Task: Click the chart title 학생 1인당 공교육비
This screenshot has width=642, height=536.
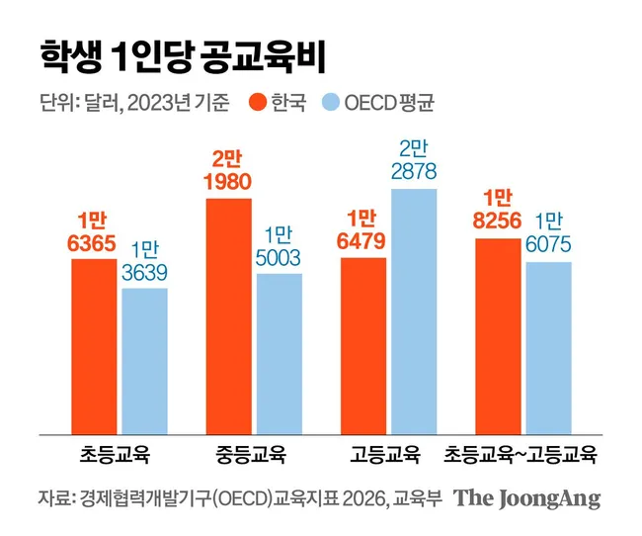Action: [x=183, y=56]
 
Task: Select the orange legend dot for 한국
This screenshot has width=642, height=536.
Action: [x=258, y=102]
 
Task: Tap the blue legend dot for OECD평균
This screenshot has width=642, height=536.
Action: [x=331, y=102]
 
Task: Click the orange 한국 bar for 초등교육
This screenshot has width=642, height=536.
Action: [x=94, y=346]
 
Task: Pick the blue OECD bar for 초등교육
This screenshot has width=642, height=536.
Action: [x=145, y=361]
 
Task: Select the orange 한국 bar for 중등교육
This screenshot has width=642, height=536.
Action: [x=229, y=316]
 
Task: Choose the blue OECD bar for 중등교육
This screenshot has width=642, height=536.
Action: [x=280, y=354]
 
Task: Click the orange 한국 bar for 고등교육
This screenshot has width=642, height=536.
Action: [x=363, y=346]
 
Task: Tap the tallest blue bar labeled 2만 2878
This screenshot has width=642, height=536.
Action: [x=414, y=312]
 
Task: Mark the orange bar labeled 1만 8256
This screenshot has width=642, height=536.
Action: [x=498, y=336]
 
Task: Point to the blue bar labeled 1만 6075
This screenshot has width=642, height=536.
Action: [x=548, y=348]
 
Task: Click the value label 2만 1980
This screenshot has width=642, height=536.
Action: [x=227, y=171]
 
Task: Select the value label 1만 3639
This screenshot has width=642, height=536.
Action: [x=144, y=261]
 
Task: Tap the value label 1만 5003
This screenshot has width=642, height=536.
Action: [x=278, y=246]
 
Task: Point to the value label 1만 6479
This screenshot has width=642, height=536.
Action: [x=361, y=229]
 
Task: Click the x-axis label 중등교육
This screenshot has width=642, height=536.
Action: [x=250, y=455]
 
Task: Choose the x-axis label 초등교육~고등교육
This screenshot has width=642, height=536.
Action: [x=520, y=455]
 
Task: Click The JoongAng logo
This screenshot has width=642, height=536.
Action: [x=527, y=498]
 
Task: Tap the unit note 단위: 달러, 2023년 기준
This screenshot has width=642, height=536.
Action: [x=134, y=103]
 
